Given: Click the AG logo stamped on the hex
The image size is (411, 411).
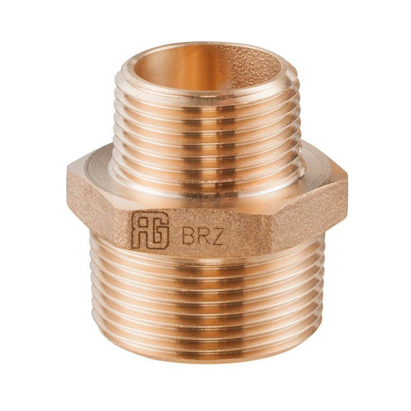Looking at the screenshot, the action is coord(150,230).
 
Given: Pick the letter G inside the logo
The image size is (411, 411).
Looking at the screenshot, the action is coord(160,230).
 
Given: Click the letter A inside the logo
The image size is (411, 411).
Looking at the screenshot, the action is coord(140,230).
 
